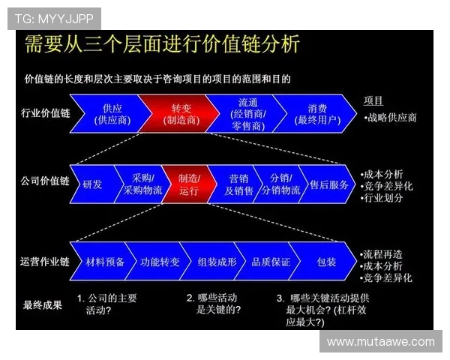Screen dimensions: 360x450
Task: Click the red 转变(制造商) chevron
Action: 181,113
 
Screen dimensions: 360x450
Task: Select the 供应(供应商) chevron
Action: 113,113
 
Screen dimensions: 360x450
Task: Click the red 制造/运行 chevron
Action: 189,184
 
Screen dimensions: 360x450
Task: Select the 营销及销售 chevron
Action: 238,184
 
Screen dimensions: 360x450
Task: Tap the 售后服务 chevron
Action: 328,184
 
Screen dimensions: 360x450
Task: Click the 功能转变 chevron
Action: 160,262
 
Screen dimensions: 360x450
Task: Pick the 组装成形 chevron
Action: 216,262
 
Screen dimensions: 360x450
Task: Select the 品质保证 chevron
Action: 271,262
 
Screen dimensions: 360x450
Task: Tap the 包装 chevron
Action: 326,262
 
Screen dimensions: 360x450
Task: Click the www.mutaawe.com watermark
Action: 381,342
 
